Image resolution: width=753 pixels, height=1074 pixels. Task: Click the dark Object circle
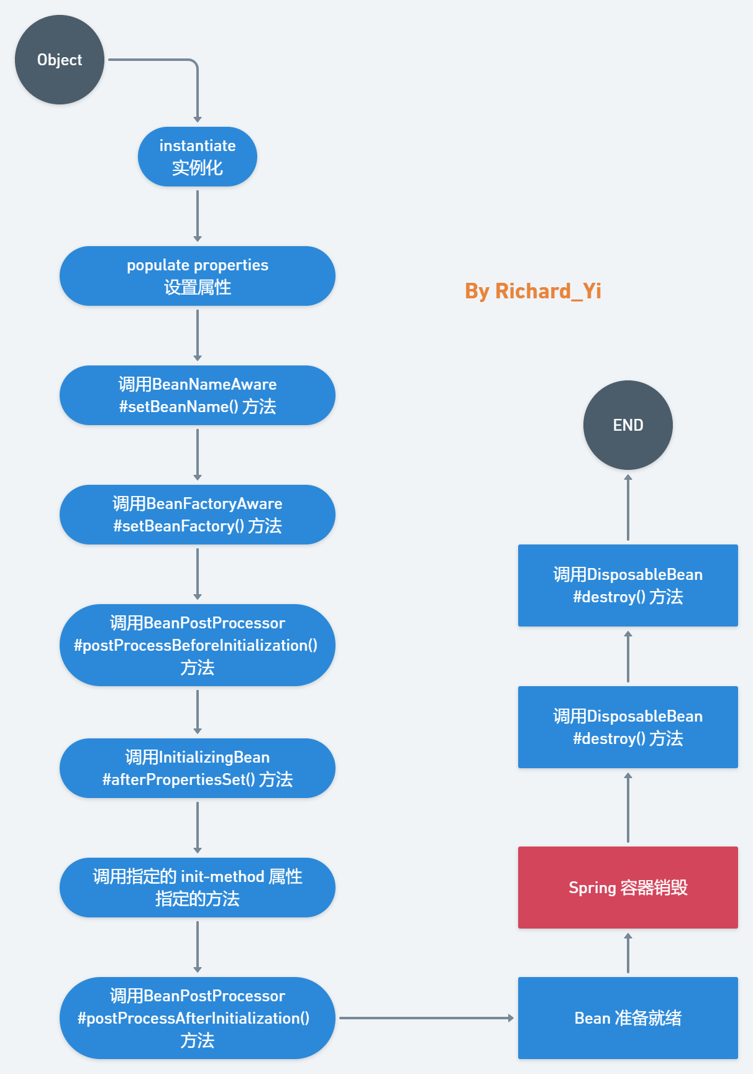tap(60, 60)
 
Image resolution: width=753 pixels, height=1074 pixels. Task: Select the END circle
tap(627, 425)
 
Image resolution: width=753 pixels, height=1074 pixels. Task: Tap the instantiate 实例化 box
tap(198, 157)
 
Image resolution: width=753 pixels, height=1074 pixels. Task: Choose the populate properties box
tap(198, 276)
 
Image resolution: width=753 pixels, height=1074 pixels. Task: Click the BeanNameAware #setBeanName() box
tap(198, 395)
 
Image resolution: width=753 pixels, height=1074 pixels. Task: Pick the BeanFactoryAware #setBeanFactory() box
tap(198, 515)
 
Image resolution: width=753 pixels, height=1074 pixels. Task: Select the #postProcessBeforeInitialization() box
tap(198, 645)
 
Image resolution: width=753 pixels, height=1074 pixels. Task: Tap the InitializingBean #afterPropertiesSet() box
tap(198, 768)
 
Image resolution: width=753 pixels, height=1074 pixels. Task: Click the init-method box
tap(198, 888)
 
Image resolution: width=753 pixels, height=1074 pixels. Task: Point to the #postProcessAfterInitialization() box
tap(198, 1018)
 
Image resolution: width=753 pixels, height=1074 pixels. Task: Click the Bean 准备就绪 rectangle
tap(627, 1018)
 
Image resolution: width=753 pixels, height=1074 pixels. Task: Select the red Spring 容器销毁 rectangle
tap(627, 888)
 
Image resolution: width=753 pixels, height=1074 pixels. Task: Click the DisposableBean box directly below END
tap(627, 585)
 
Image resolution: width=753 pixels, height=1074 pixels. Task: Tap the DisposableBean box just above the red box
tap(627, 727)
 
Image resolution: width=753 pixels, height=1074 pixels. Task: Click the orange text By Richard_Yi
tap(533, 291)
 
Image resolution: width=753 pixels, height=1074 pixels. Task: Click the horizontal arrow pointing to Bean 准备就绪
tap(426, 1018)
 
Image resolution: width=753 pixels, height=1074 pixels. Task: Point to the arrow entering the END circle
tap(628, 507)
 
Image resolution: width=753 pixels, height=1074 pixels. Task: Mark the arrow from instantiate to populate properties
tap(198, 215)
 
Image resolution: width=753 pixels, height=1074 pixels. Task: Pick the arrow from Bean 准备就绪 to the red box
tap(628, 953)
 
